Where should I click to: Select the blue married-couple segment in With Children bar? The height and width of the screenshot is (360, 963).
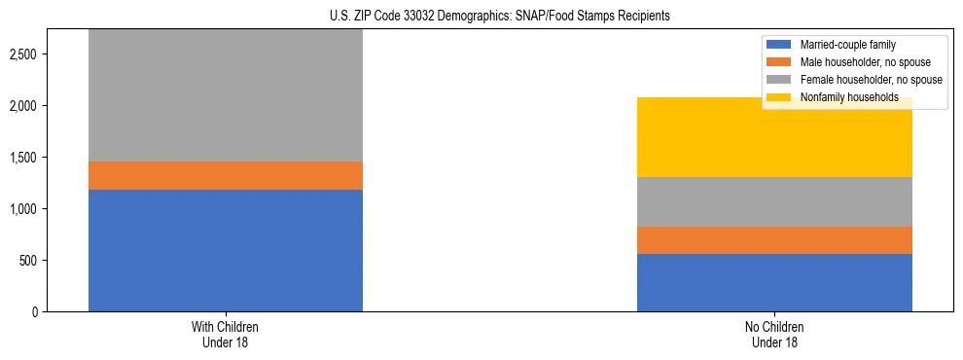(226, 250)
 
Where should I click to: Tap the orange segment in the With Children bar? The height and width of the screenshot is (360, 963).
(226, 175)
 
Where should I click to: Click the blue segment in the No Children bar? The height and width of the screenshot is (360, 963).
(774, 282)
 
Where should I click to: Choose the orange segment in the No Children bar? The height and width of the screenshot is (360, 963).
(774, 240)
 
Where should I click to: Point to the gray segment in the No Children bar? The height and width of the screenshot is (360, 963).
(774, 201)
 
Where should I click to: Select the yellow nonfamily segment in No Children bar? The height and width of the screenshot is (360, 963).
(774, 137)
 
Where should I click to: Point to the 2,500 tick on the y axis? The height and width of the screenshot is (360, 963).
(23, 54)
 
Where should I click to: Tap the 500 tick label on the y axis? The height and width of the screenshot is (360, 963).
(28, 260)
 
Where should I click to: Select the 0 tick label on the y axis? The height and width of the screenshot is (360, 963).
(35, 311)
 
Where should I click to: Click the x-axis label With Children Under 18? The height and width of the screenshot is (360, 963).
(226, 335)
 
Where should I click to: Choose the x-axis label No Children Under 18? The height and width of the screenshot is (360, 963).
(774, 335)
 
